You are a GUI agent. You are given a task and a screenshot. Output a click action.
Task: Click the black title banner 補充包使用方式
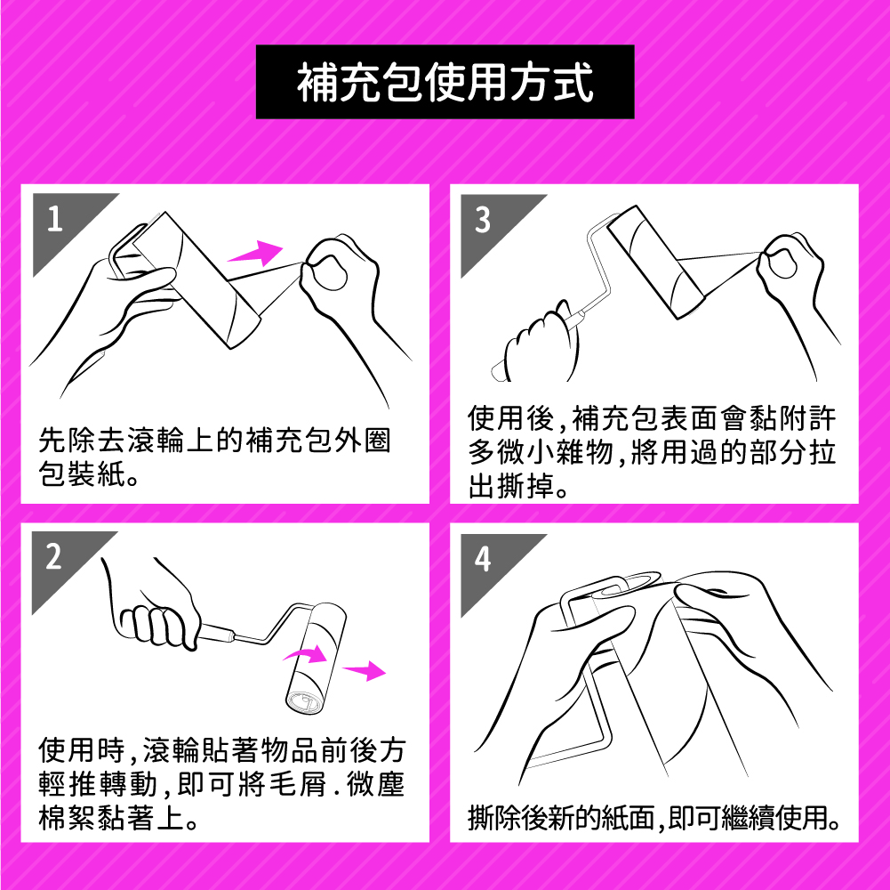(x=445, y=82)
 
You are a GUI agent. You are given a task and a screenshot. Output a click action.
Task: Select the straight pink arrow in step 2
(x=365, y=671)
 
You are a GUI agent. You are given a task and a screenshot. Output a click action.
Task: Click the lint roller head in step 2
(x=315, y=658)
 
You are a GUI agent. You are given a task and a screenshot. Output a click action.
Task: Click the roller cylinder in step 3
(x=655, y=262)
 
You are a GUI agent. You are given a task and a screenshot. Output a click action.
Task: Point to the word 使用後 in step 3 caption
(x=511, y=418)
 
